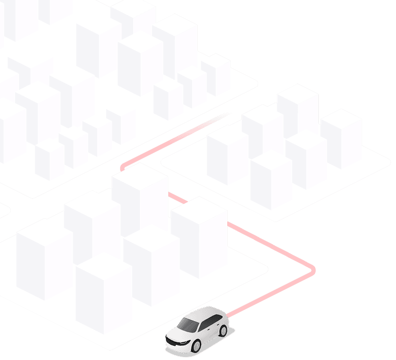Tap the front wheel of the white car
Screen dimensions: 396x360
tap(196, 346)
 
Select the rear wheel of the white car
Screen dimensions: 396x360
tap(223, 331)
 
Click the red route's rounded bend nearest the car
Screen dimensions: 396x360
tap(312, 270)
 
